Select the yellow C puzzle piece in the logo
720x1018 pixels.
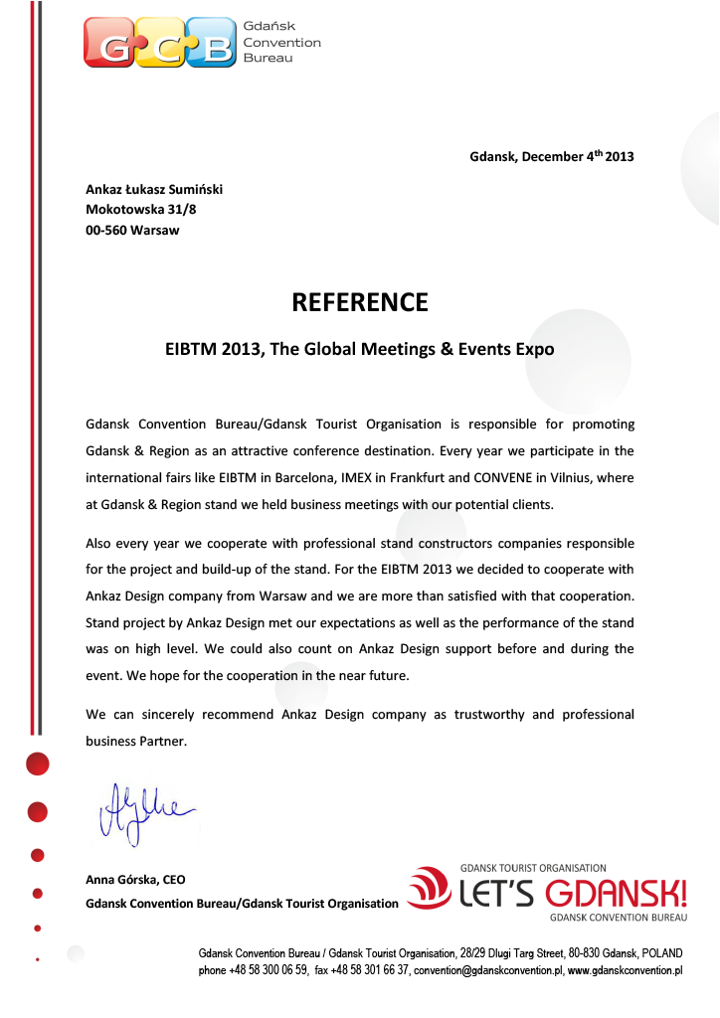[161, 42]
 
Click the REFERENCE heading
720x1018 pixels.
[360, 302]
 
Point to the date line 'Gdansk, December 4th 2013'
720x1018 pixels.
[551, 157]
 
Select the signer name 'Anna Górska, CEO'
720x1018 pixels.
[135, 880]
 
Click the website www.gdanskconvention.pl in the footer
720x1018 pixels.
[625, 969]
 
